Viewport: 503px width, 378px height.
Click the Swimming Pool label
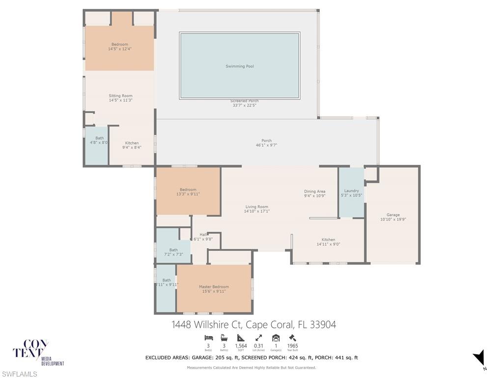tap(240, 66)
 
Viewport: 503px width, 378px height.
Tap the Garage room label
tap(393, 215)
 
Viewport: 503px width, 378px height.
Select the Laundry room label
tap(352, 191)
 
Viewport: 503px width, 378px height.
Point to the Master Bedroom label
tap(214, 287)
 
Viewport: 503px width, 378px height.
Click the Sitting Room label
tap(120, 96)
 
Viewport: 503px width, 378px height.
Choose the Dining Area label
tap(314, 191)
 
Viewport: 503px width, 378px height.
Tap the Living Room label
tap(257, 207)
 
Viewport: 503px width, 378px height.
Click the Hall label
tap(203, 235)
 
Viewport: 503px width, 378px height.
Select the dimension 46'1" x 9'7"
tap(267, 145)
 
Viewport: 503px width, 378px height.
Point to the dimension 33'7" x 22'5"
tap(245, 105)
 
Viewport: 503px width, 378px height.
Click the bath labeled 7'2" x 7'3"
tap(173, 250)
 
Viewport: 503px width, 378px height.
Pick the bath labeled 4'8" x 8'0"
tap(100, 138)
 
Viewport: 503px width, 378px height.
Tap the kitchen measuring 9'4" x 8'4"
tap(132, 143)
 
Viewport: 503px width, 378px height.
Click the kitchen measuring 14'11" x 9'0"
tap(329, 240)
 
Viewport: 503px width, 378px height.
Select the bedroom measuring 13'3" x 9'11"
tap(188, 190)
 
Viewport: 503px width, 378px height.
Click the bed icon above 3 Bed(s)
tap(208, 338)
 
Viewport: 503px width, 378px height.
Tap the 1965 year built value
tap(292, 346)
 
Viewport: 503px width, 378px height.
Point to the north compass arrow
tap(479, 358)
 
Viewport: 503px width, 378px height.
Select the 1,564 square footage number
tap(241, 346)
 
